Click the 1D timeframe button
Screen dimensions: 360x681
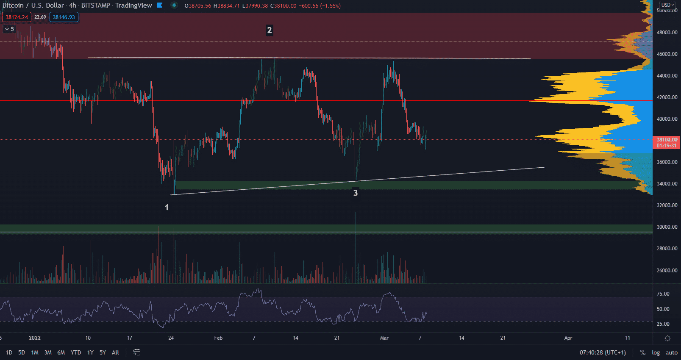point(9,352)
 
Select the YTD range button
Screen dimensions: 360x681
point(76,352)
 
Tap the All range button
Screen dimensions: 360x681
point(115,352)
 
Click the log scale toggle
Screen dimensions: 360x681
point(656,352)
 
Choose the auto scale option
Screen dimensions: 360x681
point(671,352)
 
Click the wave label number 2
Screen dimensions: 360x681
point(269,30)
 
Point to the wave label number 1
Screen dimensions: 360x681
point(167,207)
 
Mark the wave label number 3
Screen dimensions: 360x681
point(356,193)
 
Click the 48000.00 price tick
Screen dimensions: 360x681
point(667,32)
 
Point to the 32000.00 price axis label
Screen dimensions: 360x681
point(667,205)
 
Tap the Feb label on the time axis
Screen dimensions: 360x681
point(218,338)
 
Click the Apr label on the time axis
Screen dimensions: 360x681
point(568,338)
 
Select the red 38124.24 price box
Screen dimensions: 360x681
point(17,17)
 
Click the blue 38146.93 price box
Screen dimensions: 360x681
point(64,17)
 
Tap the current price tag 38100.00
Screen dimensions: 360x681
point(667,140)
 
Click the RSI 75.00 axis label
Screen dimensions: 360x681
point(663,294)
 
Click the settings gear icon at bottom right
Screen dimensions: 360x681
point(667,338)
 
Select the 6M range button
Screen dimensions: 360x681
point(61,352)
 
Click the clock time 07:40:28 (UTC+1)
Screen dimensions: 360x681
point(603,352)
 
